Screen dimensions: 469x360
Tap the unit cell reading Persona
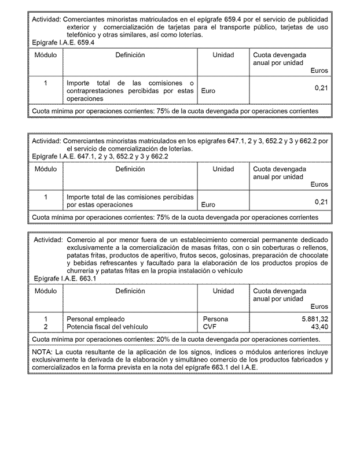click(x=215, y=319)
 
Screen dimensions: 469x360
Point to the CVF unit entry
click(x=210, y=327)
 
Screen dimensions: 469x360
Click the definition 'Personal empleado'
click(x=95, y=319)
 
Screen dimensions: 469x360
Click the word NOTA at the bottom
click(x=42, y=352)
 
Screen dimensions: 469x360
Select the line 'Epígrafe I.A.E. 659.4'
click(x=63, y=42)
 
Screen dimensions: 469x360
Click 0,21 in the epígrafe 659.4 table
click(x=321, y=88)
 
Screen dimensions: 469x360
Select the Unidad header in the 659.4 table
click(x=223, y=55)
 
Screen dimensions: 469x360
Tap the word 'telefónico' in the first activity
click(x=83, y=35)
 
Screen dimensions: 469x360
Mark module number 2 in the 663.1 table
click(x=45, y=327)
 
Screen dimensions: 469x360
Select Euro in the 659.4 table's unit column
click(x=208, y=91)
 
